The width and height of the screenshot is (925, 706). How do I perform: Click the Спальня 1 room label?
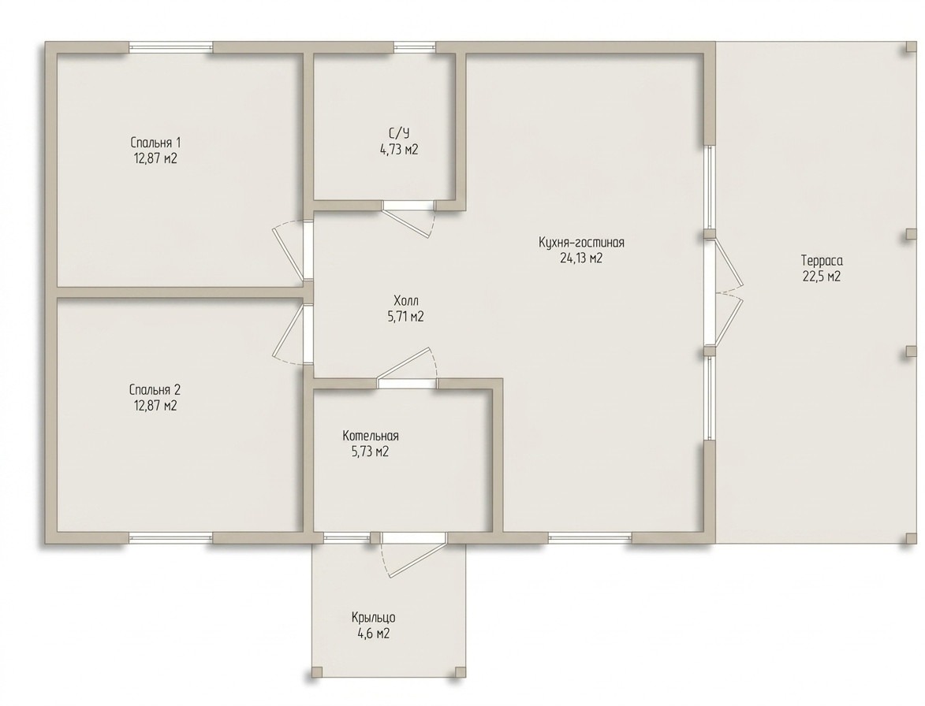155,143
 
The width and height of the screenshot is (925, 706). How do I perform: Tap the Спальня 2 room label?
155,389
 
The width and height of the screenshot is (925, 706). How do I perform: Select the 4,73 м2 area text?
399,150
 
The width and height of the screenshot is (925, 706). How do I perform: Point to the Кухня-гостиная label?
581,242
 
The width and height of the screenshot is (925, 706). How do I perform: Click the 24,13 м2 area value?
581,258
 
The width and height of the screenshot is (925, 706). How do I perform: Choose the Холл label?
406,300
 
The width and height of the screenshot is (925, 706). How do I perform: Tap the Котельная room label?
371,436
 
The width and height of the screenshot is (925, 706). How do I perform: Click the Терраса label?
822,261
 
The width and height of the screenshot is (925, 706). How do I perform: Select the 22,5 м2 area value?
821,277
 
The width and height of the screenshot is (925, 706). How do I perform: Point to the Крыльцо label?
374,618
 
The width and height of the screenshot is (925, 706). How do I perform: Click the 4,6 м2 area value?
374,634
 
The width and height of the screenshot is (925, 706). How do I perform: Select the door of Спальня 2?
291,334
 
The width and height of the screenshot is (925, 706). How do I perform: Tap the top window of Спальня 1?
171,48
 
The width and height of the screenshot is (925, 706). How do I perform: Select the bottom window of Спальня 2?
171,537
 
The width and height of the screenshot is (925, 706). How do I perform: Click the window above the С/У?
415,48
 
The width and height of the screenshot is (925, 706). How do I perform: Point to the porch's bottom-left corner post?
317,672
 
